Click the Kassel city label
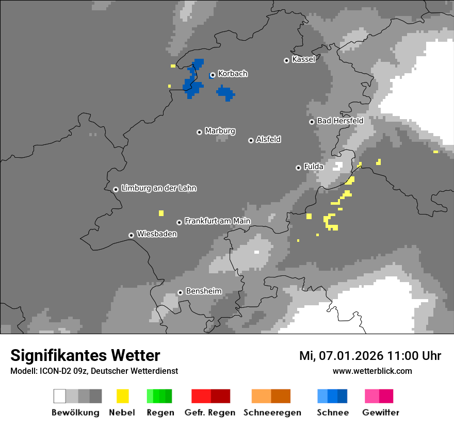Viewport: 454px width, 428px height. tap(303, 59)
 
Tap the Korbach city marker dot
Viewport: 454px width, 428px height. tap(212, 75)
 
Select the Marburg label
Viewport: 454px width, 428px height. tap(220, 131)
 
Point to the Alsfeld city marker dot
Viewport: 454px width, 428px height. tap(251, 140)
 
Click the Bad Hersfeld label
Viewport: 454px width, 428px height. tap(340, 121)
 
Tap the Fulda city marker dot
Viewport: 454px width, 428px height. tap(298, 168)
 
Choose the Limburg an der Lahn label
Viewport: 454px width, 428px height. tap(159, 188)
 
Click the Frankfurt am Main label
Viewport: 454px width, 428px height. tap(217, 221)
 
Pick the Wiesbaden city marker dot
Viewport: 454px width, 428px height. tap(131, 235)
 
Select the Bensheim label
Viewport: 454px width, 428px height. tap(203, 291)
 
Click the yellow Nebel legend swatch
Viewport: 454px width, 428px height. tap(122, 396)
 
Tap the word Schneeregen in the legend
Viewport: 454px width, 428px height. tap(272, 413)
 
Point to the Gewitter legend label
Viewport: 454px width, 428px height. tap(381, 413)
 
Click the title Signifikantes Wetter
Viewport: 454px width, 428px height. tap(85, 355)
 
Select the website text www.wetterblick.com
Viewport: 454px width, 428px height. tap(372, 371)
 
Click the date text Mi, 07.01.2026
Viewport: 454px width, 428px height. tap(341, 356)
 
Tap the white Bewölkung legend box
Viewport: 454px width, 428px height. tap(60, 396)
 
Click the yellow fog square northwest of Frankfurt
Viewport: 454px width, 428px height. tap(161, 213)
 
